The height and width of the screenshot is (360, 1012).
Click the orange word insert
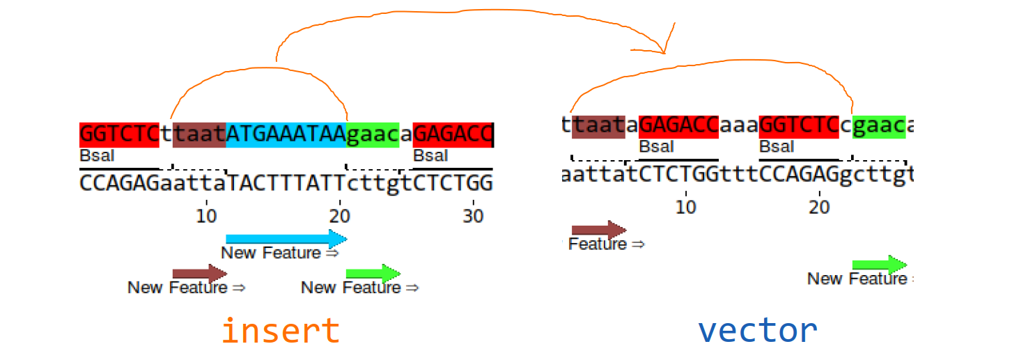[281, 331]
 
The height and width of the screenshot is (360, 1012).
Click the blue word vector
[758, 330]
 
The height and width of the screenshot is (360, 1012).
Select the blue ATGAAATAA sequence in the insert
[286, 133]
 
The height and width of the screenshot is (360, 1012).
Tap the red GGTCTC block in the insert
[119, 133]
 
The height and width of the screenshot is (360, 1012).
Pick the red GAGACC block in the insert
[453, 133]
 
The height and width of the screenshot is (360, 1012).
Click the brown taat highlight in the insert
[199, 133]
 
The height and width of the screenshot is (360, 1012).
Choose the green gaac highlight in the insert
[373, 133]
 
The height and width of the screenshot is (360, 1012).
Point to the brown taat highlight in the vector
[598, 125]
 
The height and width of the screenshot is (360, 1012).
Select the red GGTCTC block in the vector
[799, 125]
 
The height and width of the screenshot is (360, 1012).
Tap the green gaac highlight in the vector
[879, 125]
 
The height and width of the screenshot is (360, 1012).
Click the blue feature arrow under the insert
[286, 240]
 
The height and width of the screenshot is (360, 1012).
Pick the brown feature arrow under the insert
[199, 273]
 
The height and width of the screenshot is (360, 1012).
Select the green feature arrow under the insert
[373, 273]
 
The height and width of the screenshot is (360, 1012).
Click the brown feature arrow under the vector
[598, 230]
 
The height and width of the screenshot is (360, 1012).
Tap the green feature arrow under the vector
[879, 265]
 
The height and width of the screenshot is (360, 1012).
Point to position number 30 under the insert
[473, 216]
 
